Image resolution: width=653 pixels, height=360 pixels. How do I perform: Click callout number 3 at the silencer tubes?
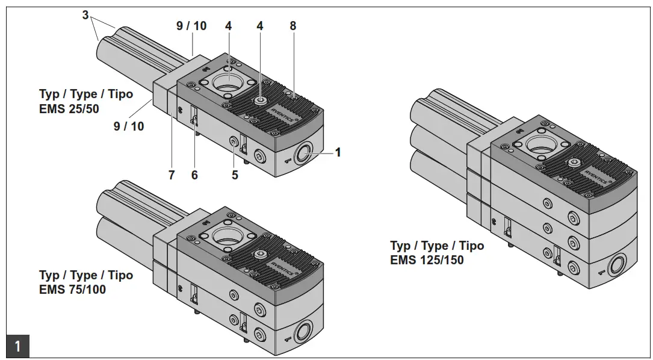[x=85, y=15]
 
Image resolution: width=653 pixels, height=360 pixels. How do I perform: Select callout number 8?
[x=292, y=26]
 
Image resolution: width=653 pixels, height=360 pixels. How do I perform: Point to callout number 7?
[x=172, y=175]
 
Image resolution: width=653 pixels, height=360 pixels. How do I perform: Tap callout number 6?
[x=194, y=175]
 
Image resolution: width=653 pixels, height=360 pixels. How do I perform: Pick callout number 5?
[x=235, y=175]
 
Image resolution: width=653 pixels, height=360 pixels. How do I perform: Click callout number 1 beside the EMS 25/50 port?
[x=338, y=152]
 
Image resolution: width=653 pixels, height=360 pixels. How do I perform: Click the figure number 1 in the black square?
[x=17, y=346]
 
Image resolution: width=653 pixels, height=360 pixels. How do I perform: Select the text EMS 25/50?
[x=69, y=109]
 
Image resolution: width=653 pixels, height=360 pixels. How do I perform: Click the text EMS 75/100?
[x=72, y=290]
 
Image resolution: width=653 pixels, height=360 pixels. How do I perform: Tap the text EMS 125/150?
[x=427, y=260]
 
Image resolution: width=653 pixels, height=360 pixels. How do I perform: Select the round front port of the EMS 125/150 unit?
[x=618, y=264]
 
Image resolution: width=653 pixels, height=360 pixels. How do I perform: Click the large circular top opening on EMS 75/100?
[x=227, y=234]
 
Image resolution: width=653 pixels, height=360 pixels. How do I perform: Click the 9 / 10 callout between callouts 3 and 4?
[x=191, y=26]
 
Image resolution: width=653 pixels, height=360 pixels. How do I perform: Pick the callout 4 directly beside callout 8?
[x=260, y=26]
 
